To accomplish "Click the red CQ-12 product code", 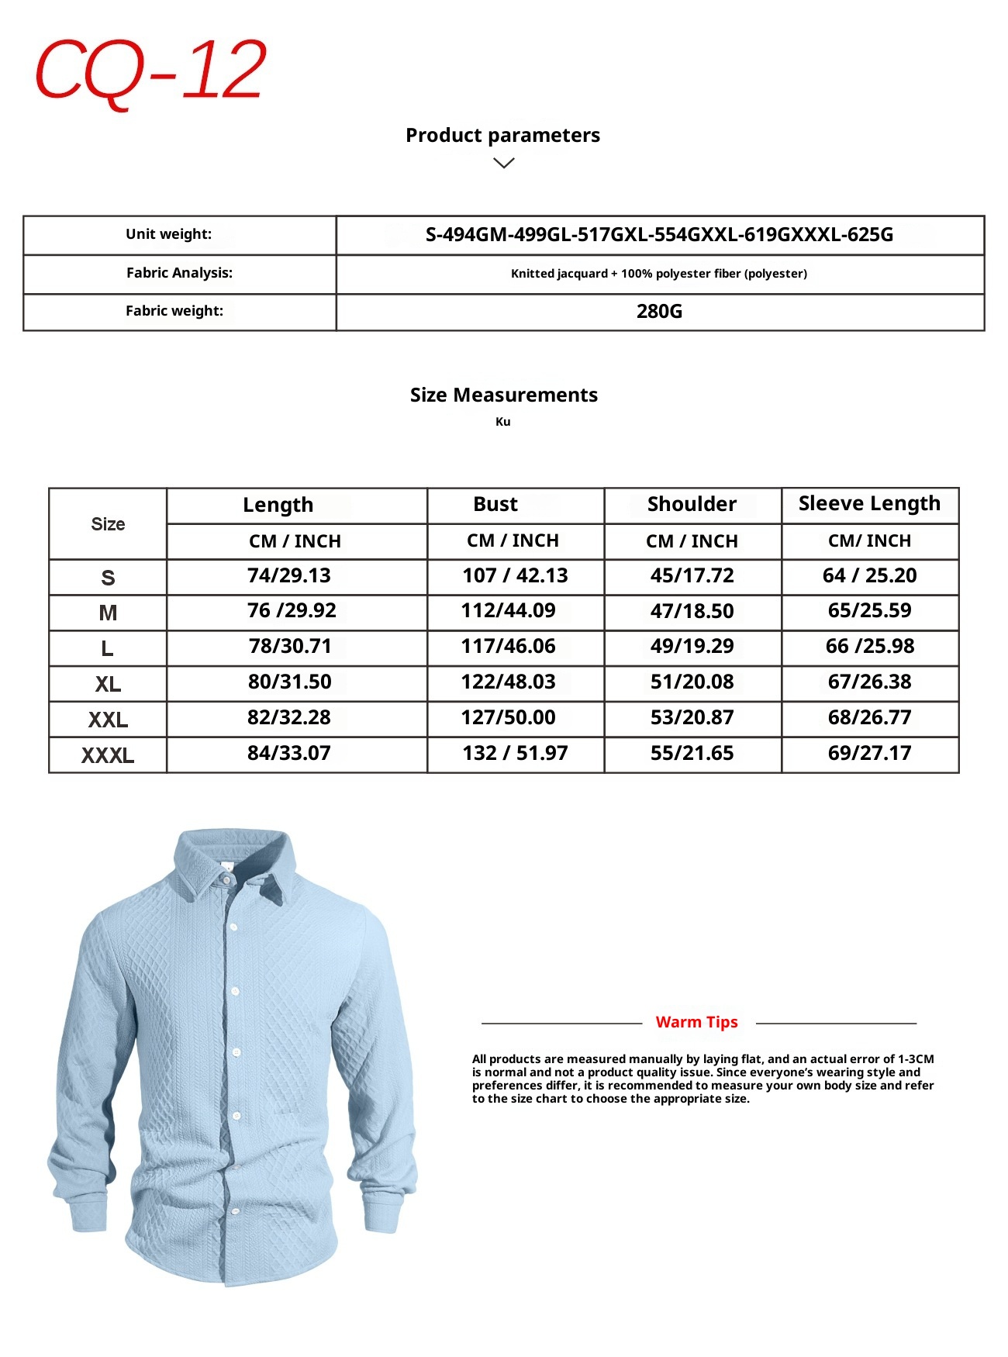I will (x=150, y=71).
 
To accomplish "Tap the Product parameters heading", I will (x=502, y=136).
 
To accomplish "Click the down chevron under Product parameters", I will (x=504, y=163).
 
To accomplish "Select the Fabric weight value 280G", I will (x=659, y=312).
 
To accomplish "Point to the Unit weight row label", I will (x=169, y=234).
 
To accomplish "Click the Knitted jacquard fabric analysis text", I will (x=659, y=274).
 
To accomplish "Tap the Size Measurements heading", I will (x=504, y=395).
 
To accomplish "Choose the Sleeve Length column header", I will (x=869, y=504).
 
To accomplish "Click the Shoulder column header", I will (x=692, y=505).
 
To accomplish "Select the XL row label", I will (x=108, y=685).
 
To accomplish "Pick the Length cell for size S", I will (x=289, y=576).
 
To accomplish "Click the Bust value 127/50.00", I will (x=509, y=718).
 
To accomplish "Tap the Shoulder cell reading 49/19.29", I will (x=692, y=647).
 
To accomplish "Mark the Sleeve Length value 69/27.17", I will (x=869, y=754).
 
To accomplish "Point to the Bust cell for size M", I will (x=509, y=611).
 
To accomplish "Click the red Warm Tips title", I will (x=696, y=1023).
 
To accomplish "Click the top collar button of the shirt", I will (x=225, y=879).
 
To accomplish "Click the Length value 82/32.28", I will (x=289, y=718).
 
